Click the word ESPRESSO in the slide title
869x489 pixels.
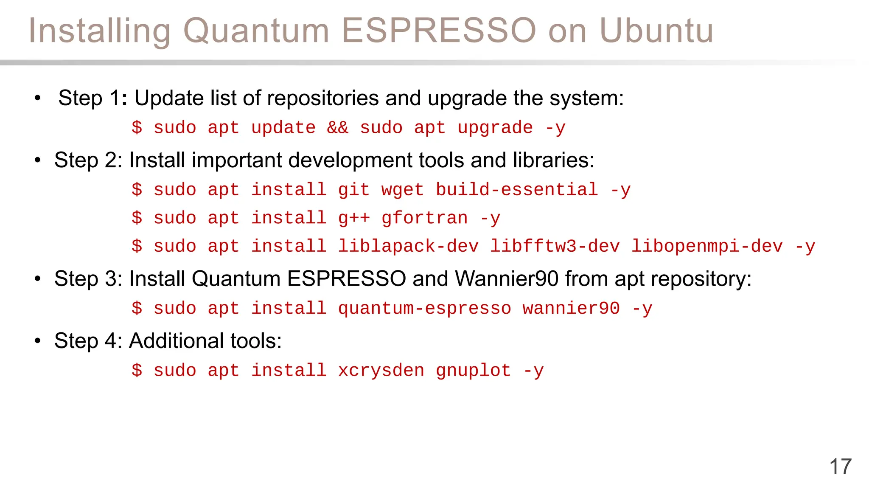439,31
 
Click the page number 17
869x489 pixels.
840,467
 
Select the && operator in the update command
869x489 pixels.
337,128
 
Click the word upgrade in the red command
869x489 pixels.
495,128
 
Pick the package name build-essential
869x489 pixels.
517,190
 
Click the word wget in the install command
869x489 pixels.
402,190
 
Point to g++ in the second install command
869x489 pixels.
354,218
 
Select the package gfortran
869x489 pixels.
424,218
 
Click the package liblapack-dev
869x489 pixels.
408,246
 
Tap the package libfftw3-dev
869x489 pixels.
555,246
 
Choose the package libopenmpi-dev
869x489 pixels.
707,246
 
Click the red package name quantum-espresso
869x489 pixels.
424,309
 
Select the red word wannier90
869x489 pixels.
571,309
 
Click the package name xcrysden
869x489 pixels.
381,371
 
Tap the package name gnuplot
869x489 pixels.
473,371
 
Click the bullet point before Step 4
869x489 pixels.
38,341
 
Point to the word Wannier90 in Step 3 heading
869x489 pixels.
507,279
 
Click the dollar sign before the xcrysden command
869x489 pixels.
137,371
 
